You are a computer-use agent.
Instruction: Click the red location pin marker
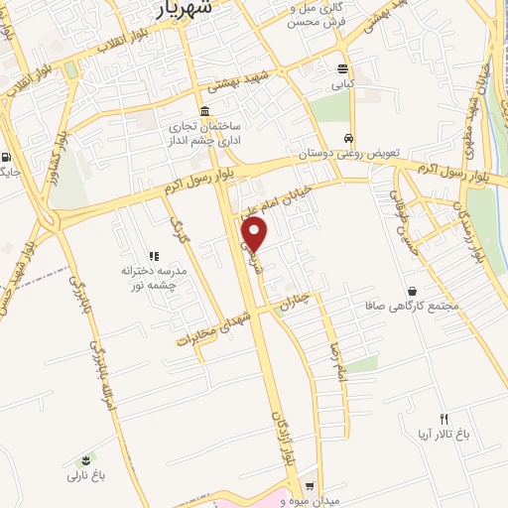tap(256, 234)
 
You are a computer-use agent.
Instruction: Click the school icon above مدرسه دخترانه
tap(154, 256)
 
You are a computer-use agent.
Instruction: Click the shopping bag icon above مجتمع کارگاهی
tap(412, 291)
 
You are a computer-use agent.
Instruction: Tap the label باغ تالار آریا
tap(444, 435)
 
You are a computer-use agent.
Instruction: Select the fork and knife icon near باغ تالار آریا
tap(444, 419)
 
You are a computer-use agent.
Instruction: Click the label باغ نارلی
tap(86, 476)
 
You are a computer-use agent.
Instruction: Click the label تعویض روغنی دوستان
tap(349, 155)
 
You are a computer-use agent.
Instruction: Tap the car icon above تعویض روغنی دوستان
tap(348, 139)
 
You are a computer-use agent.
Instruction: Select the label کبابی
tap(343, 85)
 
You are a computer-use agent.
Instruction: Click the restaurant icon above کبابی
tap(343, 69)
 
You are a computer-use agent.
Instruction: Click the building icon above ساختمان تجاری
tap(204, 110)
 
